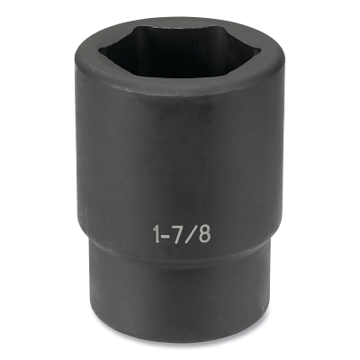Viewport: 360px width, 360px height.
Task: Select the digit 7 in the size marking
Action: click(175, 231)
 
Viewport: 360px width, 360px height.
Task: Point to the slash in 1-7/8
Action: click(188, 232)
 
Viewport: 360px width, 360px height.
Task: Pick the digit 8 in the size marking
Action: click(203, 232)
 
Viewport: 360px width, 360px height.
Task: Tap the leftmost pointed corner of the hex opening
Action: click(106, 51)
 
